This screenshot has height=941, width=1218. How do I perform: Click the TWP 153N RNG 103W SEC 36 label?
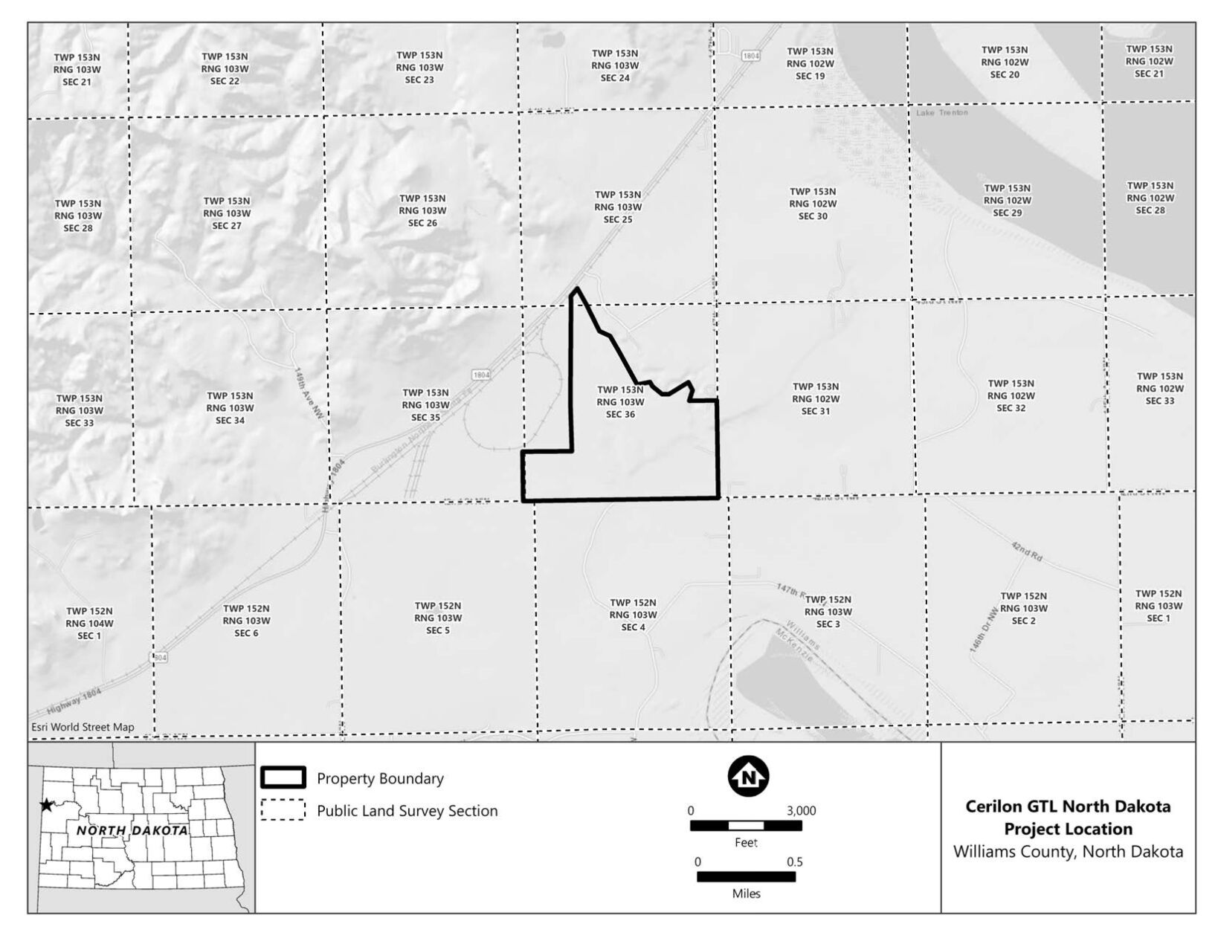pos(620,402)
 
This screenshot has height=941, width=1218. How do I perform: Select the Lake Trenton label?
pos(942,113)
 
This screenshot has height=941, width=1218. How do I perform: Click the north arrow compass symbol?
pos(748,777)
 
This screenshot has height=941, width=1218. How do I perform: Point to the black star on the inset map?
pos(47,805)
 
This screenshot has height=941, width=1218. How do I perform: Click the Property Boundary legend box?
pos(283,777)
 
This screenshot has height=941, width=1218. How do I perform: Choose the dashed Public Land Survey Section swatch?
pos(283,810)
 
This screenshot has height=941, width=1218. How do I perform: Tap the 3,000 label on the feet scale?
pos(801,811)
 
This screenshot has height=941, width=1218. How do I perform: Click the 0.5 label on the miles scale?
pos(794,862)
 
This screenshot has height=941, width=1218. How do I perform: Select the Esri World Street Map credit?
pos(83,728)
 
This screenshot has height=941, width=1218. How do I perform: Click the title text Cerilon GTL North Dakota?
pos(1068,806)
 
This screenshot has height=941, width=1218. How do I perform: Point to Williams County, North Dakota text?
pos(1068,852)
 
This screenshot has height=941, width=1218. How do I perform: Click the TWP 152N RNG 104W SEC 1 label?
pos(89,624)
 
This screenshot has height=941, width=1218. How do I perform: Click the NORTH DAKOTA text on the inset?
pos(132,830)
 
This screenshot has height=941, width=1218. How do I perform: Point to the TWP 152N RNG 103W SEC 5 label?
pos(438,618)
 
